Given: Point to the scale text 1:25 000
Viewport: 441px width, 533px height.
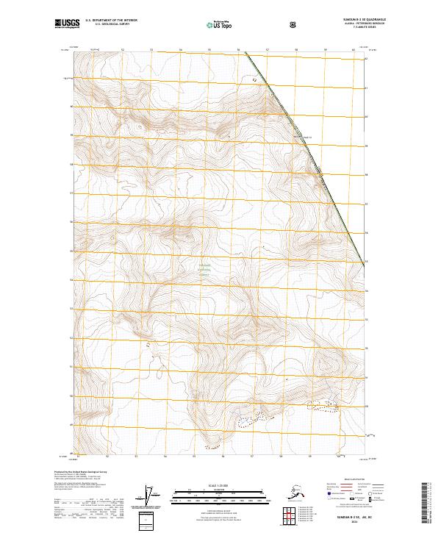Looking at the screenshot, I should (x=220, y=484).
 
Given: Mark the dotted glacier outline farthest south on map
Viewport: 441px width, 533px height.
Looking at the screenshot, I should (x=212, y=446).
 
